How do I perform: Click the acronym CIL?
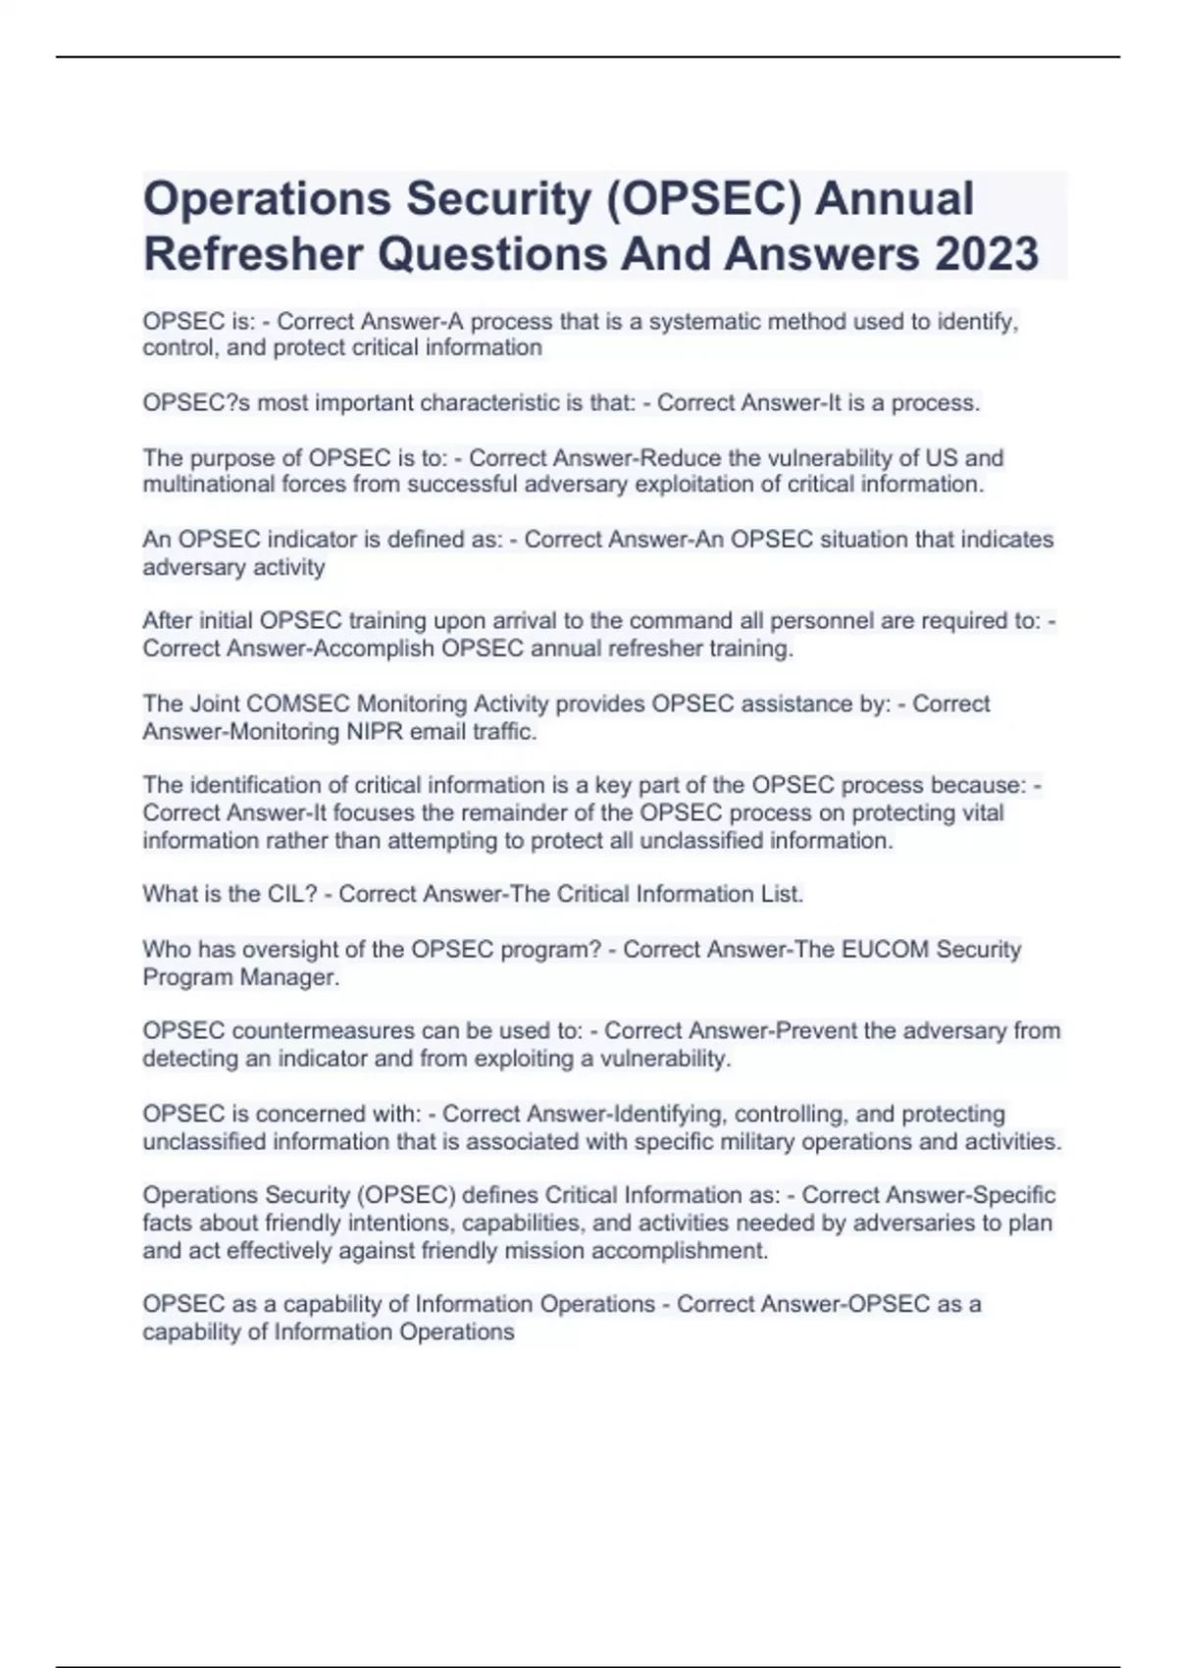tap(288, 894)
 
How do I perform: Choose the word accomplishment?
tap(678, 1251)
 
